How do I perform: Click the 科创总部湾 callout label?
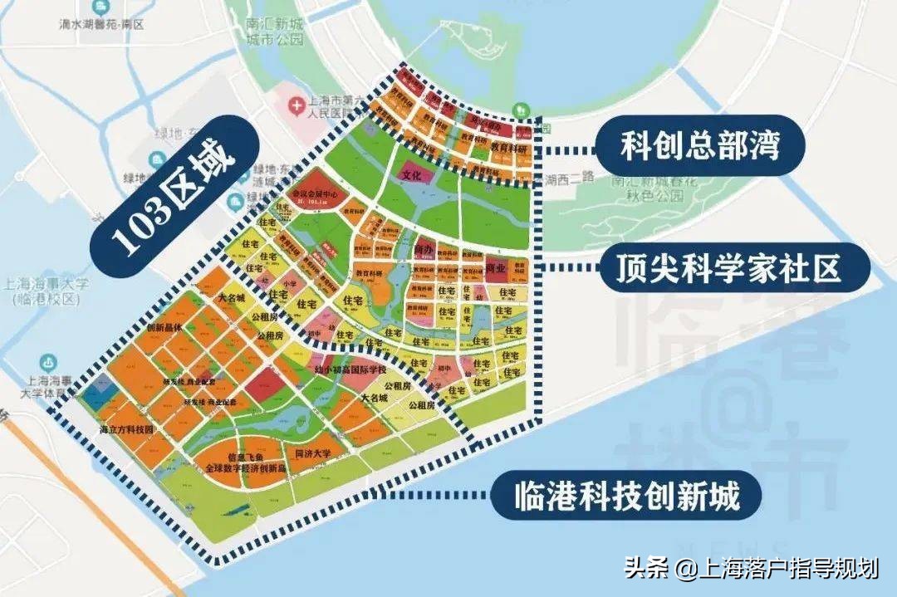coord(700,148)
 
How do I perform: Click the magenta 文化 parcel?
coord(413,176)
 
